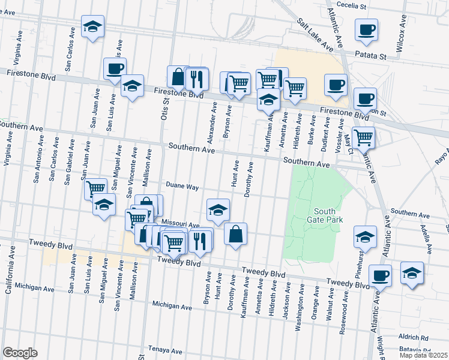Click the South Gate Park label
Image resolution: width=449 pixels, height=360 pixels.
tap(328, 215)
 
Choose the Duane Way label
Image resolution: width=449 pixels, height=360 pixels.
tap(182, 187)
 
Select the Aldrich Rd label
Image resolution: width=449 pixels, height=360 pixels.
tap(429, 338)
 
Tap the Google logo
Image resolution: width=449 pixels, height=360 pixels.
tap(20, 353)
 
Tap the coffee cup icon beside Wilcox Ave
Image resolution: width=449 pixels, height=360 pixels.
tap(366, 29)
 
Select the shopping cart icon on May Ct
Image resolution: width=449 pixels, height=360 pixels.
tap(363, 137)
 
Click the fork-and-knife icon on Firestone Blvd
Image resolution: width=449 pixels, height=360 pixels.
tap(197, 78)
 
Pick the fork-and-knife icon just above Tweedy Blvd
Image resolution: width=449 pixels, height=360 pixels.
tap(200, 240)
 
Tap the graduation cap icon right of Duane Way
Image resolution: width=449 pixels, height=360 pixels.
tap(218, 209)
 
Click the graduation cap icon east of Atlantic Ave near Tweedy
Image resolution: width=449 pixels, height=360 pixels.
tap(412, 272)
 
